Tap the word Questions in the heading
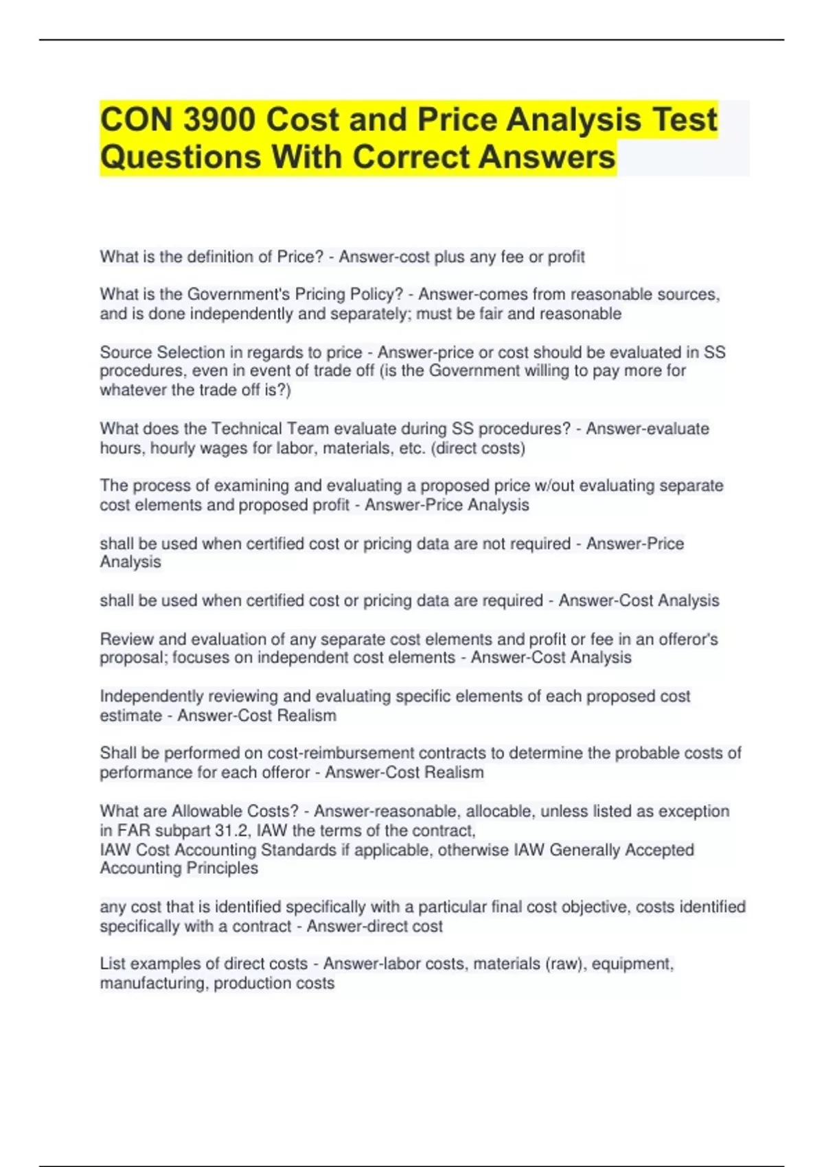[180, 157]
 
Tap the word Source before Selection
[126, 352]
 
